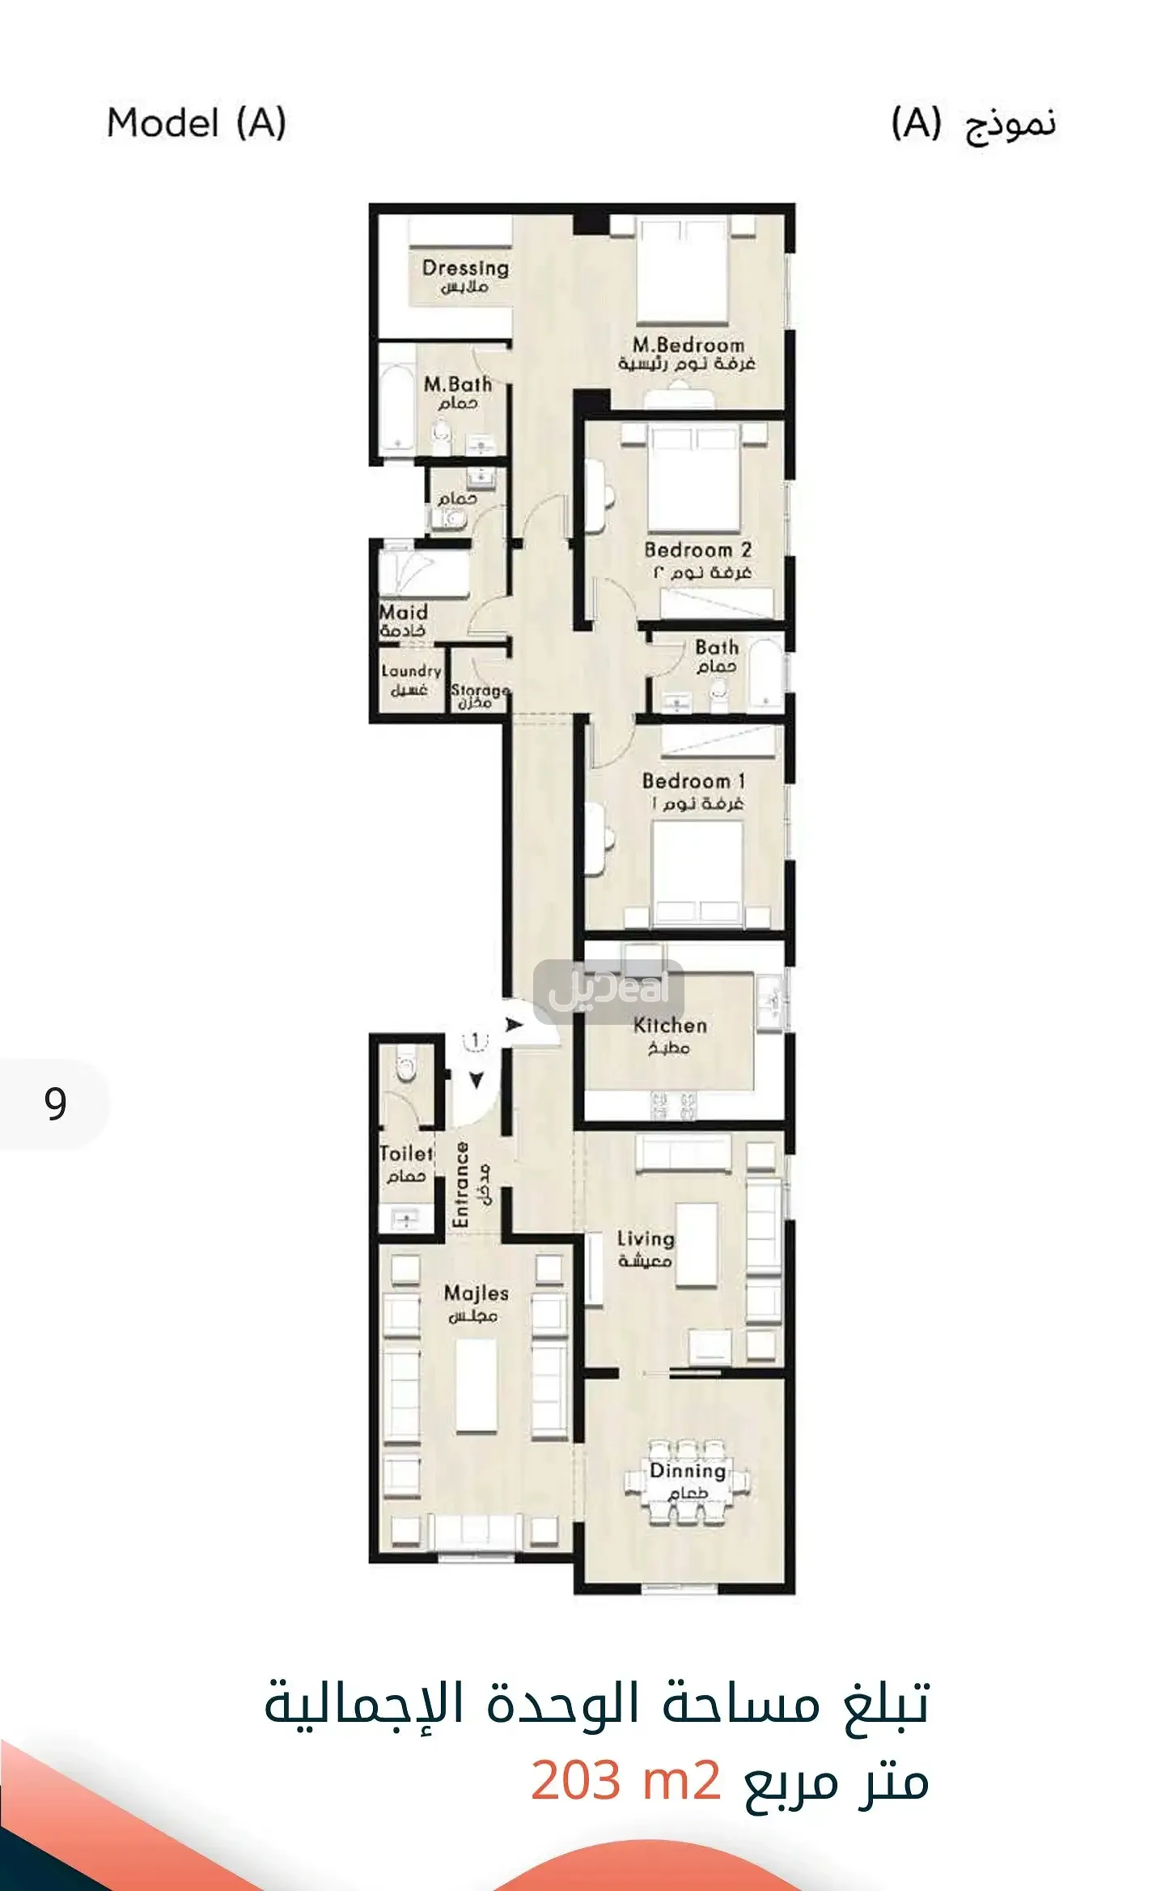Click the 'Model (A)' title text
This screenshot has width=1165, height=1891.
pos(197,124)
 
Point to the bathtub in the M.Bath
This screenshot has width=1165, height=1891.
pos(397,402)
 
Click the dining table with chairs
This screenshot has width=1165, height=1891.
pos(688,1484)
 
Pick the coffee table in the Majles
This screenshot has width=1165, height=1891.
pos(476,1385)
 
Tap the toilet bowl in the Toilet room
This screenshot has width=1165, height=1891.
pos(406,1067)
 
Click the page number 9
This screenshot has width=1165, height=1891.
pos(55,1104)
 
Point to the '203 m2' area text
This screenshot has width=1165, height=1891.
pos(625,1780)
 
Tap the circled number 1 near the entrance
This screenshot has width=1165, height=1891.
pos(476,1040)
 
